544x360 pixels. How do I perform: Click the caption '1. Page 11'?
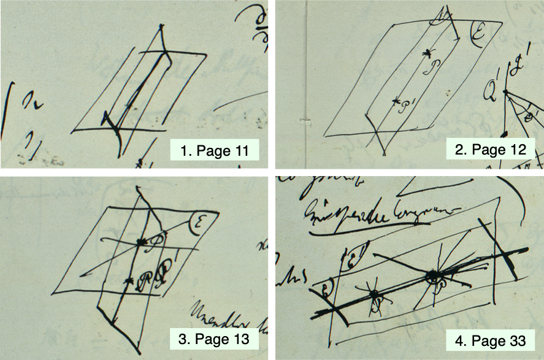(x=215, y=150)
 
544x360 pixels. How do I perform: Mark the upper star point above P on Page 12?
(x=427, y=54)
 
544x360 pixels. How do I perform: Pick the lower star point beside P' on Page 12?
(x=396, y=101)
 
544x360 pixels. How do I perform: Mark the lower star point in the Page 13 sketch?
(x=128, y=281)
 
